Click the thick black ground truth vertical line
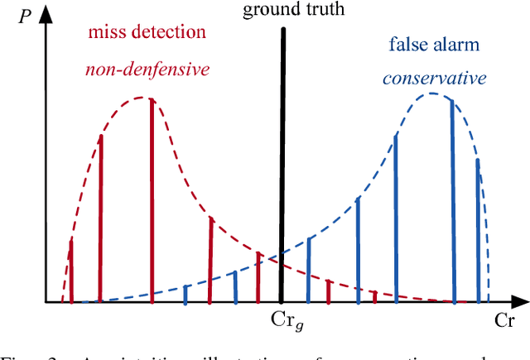[x=282, y=166]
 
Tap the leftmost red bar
[x=71, y=270]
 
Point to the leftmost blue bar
[x=185, y=293]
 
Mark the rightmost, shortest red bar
[x=374, y=296]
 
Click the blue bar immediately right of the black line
[x=309, y=269]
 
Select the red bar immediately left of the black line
[x=258, y=276]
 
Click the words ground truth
[x=283, y=11]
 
